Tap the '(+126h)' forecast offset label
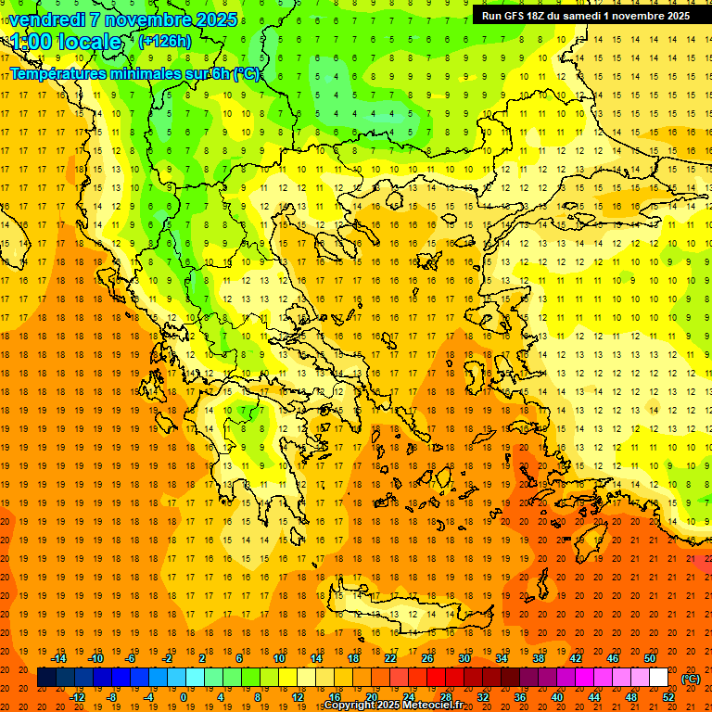(165, 41)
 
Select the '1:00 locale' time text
(67, 42)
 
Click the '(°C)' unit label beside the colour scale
(691, 679)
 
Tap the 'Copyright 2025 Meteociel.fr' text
(393, 706)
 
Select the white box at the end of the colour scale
(659, 678)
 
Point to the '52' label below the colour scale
(668, 697)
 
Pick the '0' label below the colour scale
(184, 697)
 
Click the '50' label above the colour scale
(650, 658)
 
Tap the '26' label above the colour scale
(427, 658)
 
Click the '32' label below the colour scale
(483, 697)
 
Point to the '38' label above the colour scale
(539, 658)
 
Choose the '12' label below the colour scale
(298, 697)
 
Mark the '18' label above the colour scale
(353, 658)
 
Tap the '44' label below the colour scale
(594, 697)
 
